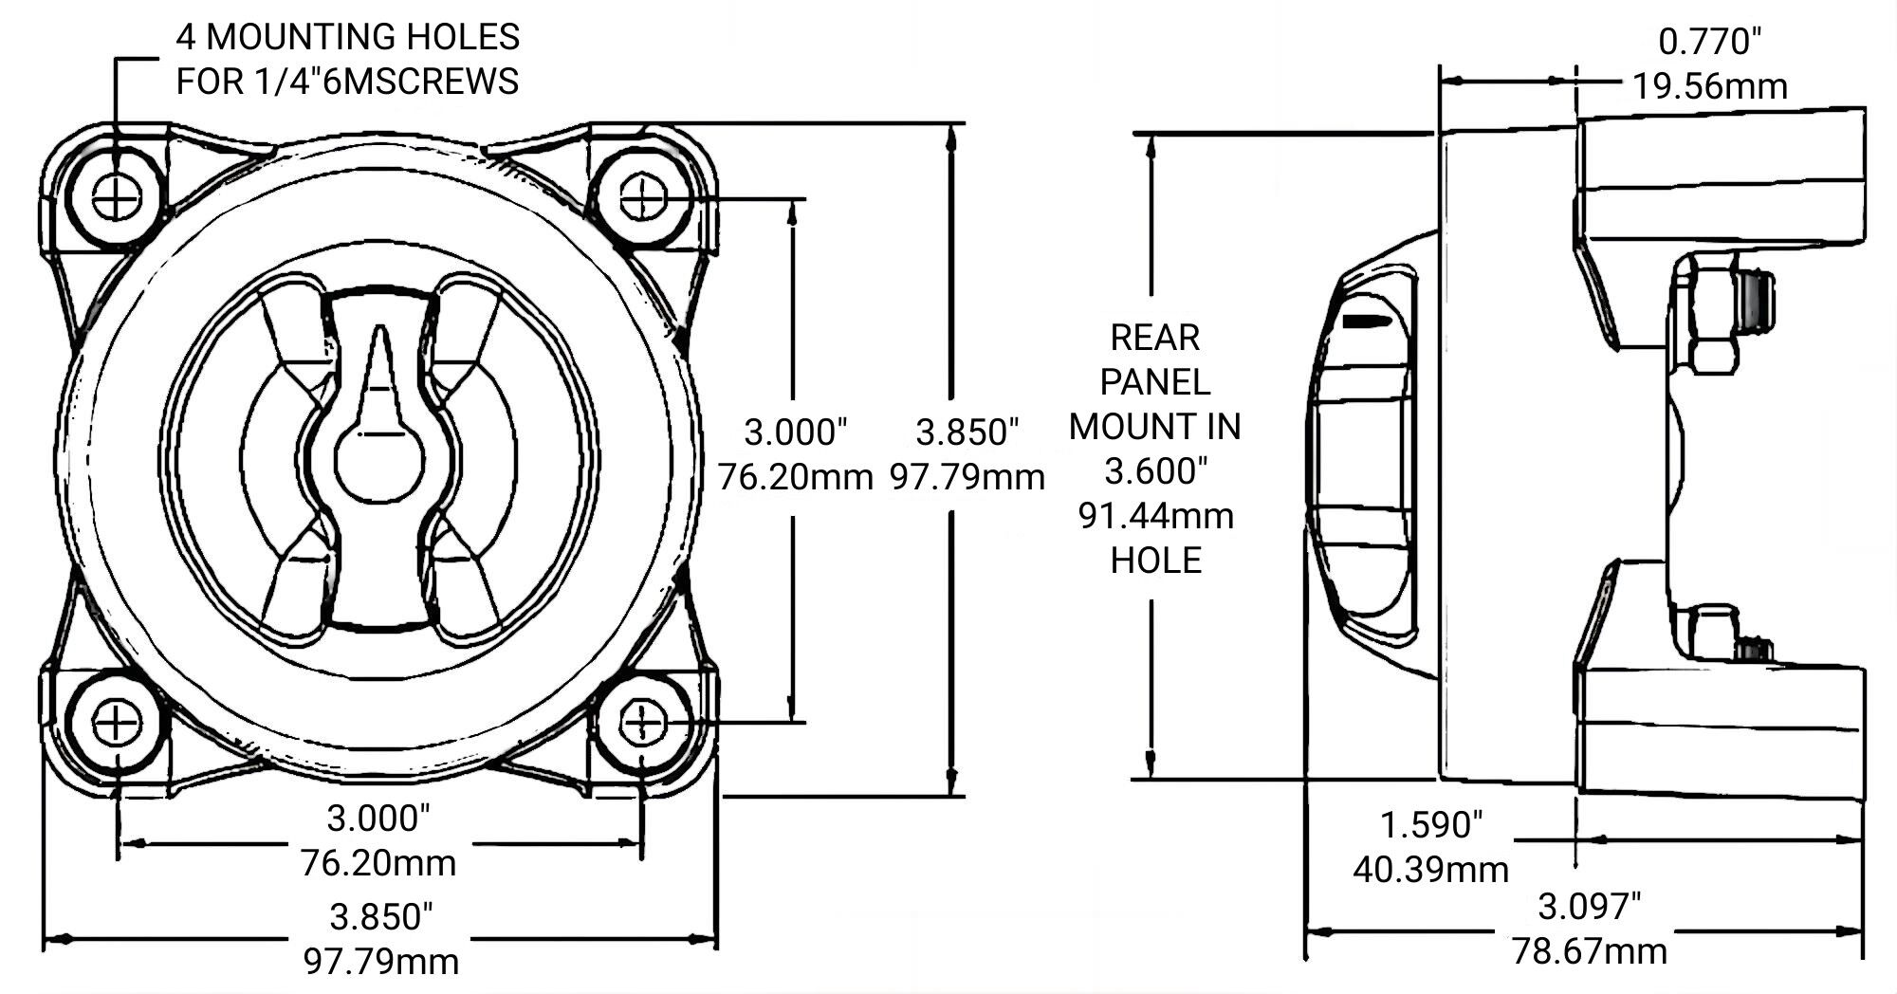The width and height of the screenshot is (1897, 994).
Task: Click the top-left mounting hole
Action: point(117,198)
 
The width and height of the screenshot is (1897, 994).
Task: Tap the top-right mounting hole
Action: point(643,199)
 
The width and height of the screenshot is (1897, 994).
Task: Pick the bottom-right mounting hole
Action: point(643,724)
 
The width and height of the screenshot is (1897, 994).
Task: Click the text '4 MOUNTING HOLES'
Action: point(348,37)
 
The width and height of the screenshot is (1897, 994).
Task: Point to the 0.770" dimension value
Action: point(1709,42)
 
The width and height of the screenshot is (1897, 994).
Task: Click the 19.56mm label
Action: point(1709,86)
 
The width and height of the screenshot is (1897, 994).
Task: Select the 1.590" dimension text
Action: point(1430,824)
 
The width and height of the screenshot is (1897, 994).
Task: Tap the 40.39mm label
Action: point(1430,869)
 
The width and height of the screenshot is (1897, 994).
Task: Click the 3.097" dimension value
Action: point(1589,907)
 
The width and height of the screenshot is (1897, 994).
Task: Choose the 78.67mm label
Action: point(1589,950)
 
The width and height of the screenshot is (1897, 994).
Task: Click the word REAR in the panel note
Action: point(1154,338)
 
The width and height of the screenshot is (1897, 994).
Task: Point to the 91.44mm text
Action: point(1155,516)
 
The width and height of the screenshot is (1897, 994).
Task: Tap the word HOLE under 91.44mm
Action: point(1155,561)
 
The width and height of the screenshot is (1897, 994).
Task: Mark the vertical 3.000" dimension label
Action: point(795,433)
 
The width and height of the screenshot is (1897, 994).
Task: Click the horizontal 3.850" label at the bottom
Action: point(380,917)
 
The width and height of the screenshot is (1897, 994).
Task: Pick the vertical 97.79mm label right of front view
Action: point(967,477)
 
